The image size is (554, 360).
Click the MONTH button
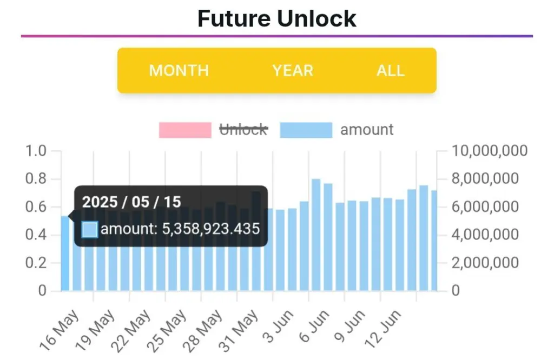pos(179,71)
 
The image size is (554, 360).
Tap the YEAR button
pos(293,71)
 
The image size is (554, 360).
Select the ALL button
pos(390,71)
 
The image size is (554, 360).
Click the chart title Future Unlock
pos(276,18)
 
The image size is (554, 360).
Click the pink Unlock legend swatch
pos(185,130)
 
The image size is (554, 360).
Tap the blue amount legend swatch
pos(306,130)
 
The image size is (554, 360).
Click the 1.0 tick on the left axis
pos(36,151)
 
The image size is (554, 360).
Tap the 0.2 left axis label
pos(36,263)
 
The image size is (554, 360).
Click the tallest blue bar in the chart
pos(316,236)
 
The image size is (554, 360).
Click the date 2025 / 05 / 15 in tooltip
pos(131,202)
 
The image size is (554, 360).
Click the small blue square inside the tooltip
pos(90,229)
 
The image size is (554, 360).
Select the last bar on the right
pos(434,241)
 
